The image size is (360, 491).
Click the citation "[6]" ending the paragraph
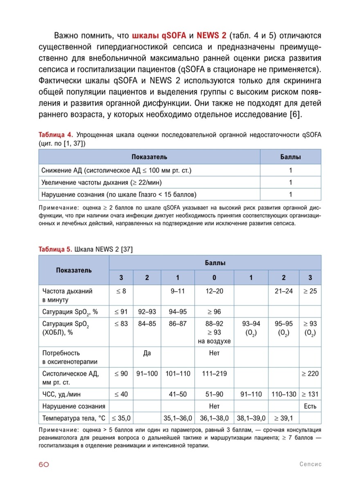coord(295,114)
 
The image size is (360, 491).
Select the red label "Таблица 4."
coord(56,135)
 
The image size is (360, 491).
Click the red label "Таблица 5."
coord(56,249)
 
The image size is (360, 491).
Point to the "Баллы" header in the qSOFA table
coord(290,157)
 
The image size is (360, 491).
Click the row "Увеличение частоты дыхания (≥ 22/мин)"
coord(105,182)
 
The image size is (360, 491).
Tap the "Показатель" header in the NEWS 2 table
coord(74,270)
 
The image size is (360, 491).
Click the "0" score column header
coord(214,278)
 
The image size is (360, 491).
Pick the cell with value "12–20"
coord(214,292)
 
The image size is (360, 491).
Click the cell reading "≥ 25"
coord(310,292)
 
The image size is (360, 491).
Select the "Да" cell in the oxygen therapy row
coord(147,353)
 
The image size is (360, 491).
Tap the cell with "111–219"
coord(214,374)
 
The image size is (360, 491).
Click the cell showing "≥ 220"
coord(310,374)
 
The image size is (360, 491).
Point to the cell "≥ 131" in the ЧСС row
coord(310,394)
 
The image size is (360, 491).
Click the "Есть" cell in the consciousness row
coord(310,406)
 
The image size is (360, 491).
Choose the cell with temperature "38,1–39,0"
coord(251,418)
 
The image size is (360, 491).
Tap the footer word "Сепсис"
coord(310,464)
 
